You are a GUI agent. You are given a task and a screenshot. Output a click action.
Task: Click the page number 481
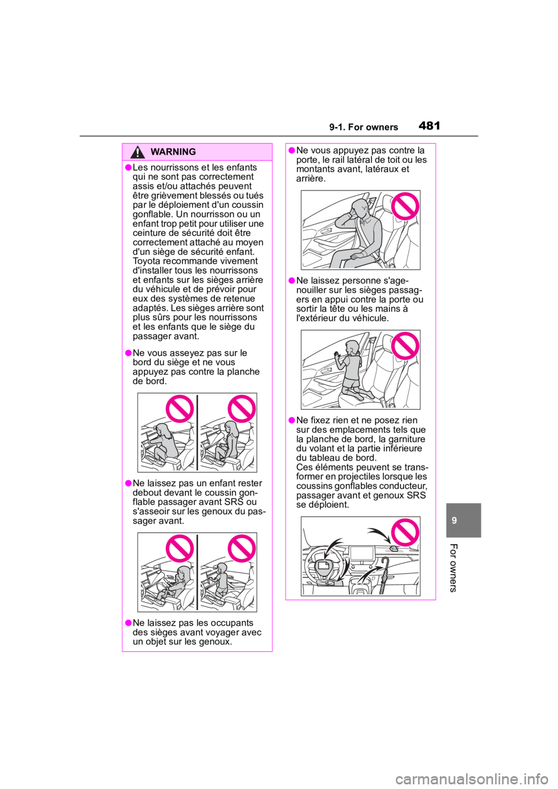430,125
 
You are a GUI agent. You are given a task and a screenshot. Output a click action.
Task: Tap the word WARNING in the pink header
173,152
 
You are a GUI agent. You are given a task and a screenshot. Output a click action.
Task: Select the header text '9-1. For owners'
364,127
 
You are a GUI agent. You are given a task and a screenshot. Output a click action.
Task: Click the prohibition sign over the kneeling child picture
405,346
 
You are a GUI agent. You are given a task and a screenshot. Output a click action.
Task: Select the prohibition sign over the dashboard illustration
405,532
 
